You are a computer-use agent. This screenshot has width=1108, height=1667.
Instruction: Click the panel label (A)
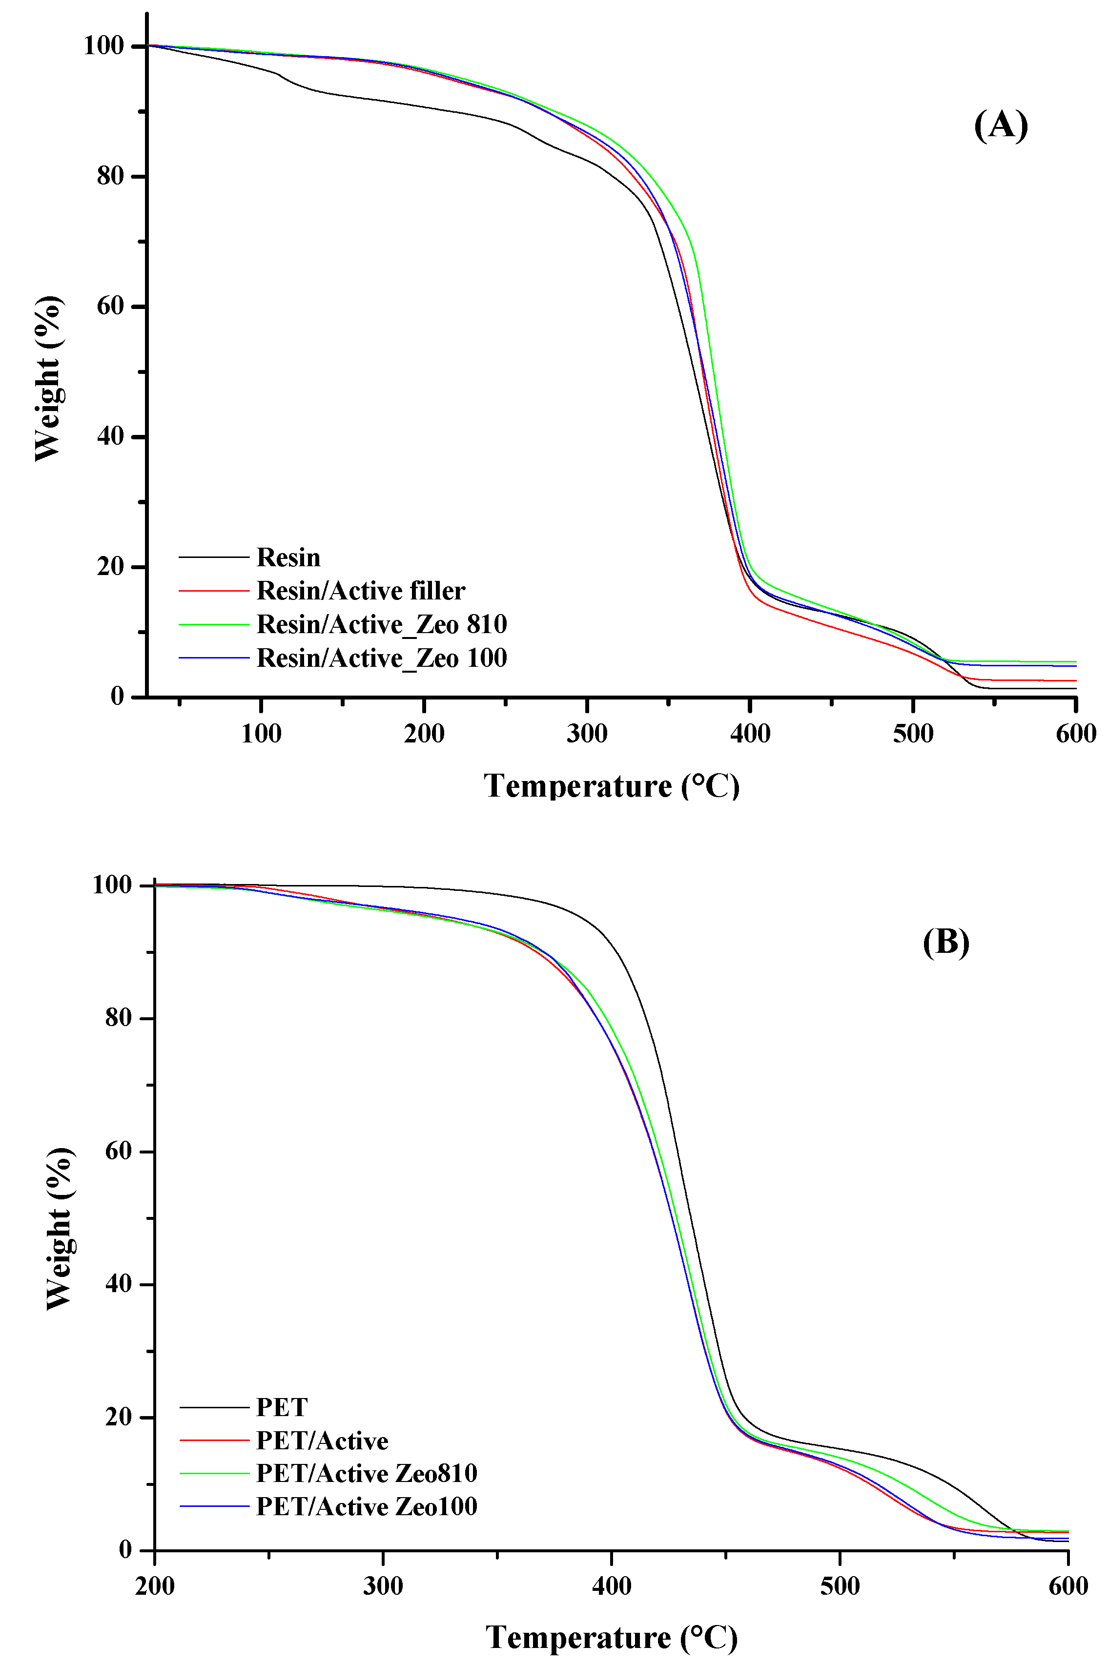coord(1000,126)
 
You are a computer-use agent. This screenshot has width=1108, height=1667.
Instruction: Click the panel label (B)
coord(945,942)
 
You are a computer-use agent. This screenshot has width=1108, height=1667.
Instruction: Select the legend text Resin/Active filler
coord(360,591)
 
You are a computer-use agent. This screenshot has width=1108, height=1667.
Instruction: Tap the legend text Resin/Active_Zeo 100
coord(382,658)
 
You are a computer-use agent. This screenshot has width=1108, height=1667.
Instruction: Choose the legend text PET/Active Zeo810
coord(366,1473)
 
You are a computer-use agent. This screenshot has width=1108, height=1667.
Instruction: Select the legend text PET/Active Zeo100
coord(366,1506)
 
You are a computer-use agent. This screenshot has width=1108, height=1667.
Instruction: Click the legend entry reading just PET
coord(281,1407)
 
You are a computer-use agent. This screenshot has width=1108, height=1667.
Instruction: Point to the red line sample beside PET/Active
coord(214,1440)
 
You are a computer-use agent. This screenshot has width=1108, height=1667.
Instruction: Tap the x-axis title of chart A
coord(611,786)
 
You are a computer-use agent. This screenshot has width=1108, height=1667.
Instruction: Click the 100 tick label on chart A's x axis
coord(261,734)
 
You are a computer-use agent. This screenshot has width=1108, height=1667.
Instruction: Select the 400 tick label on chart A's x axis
coord(750,734)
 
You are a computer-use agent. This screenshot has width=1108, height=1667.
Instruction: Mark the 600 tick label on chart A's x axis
coord(1075,734)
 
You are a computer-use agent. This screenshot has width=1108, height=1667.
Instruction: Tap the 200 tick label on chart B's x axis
coord(155,1586)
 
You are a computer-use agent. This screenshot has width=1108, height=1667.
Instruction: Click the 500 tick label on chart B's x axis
coord(840,1586)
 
